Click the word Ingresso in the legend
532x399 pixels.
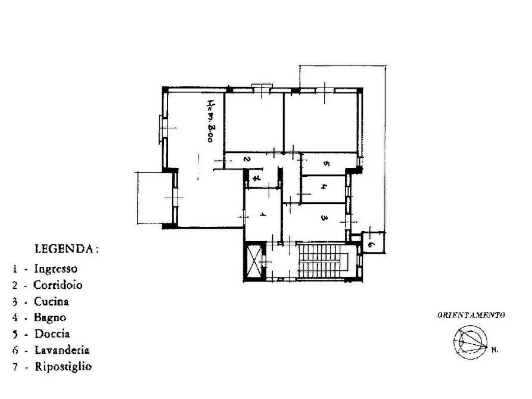click(55, 269)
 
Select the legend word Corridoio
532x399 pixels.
click(58, 285)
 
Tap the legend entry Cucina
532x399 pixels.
click(51, 301)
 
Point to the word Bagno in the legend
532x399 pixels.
click(50, 317)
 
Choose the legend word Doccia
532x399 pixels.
click(52, 333)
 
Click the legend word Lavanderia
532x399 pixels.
click(62, 350)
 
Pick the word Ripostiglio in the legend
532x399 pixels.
click(63, 367)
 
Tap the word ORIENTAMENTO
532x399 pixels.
click(471, 315)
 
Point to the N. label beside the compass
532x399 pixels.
click(494, 350)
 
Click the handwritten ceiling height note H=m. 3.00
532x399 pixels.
click(210, 121)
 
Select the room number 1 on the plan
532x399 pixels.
click(262, 214)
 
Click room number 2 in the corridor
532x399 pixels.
click(247, 159)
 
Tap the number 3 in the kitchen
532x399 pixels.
click(324, 217)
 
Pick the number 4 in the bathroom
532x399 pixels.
click(324, 186)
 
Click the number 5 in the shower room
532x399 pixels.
click(326, 164)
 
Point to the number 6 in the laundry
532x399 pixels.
click(371, 244)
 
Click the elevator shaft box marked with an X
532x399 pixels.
click(255, 261)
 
